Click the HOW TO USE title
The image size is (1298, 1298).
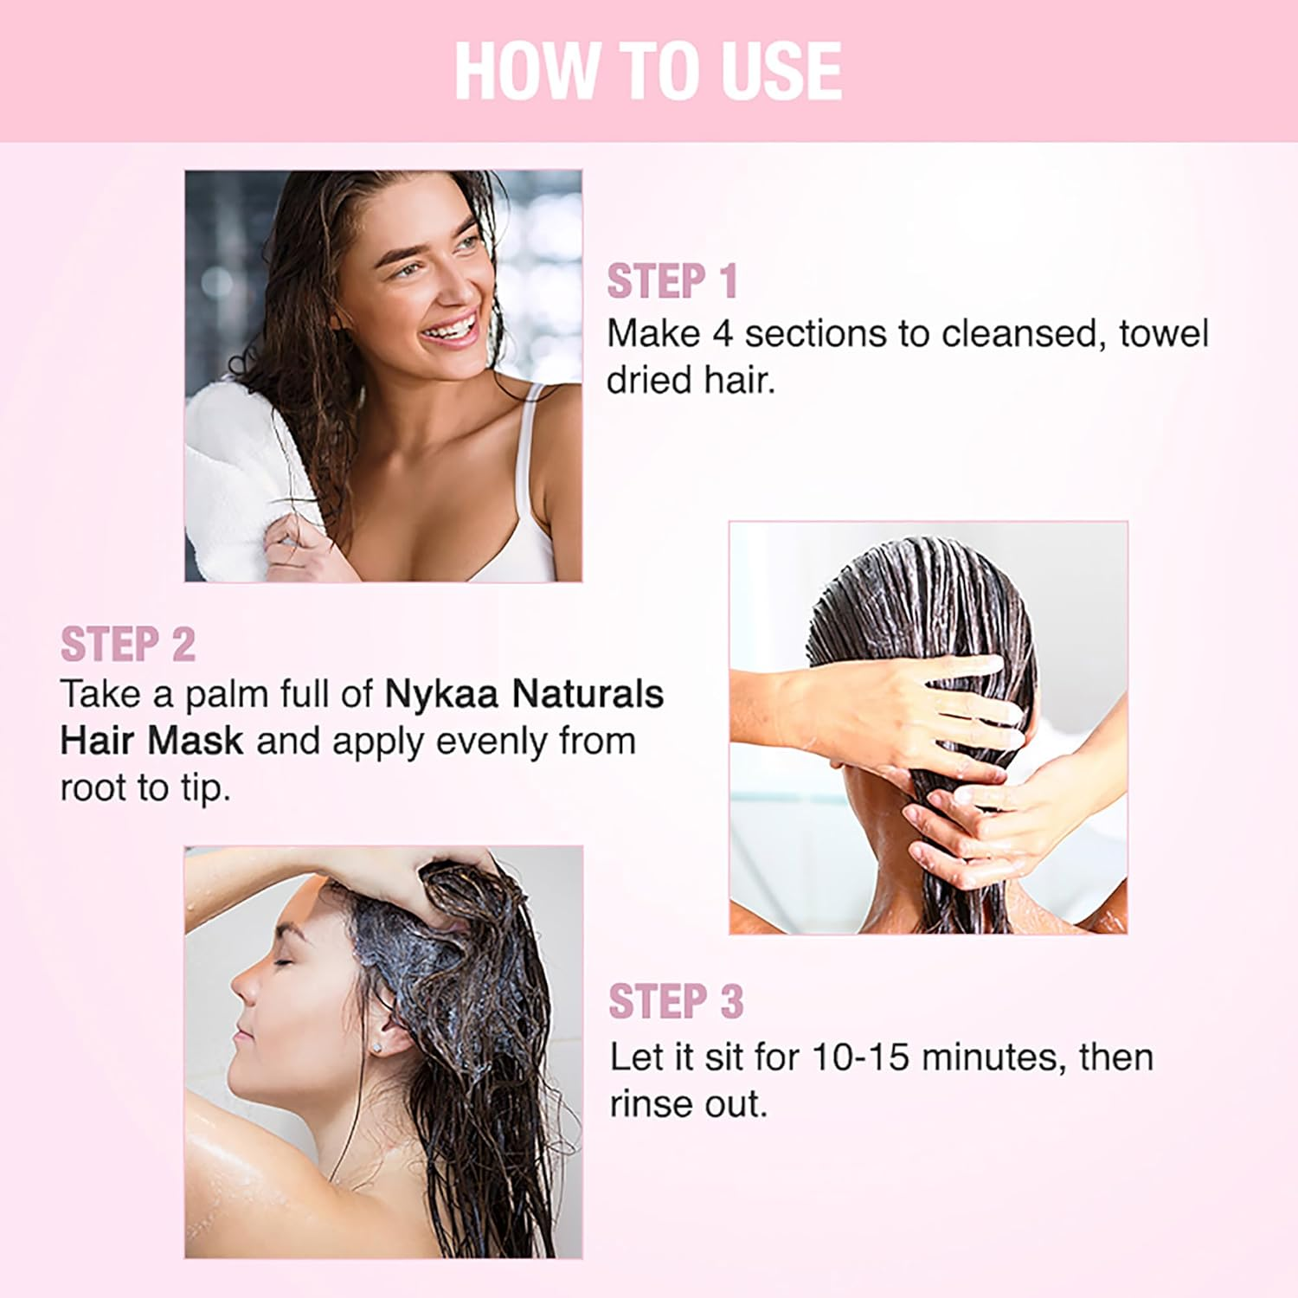[x=648, y=71]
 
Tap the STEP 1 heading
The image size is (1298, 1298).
[x=671, y=282]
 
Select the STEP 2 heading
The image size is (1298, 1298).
[x=127, y=645]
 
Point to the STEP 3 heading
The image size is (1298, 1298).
[x=676, y=1002]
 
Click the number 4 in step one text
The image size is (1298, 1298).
[x=723, y=335]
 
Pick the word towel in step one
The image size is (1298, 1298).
[x=1163, y=334]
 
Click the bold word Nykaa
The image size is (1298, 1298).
[x=441, y=694]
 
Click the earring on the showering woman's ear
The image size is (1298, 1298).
[x=378, y=1047]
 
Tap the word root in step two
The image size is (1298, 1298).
[x=93, y=788]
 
